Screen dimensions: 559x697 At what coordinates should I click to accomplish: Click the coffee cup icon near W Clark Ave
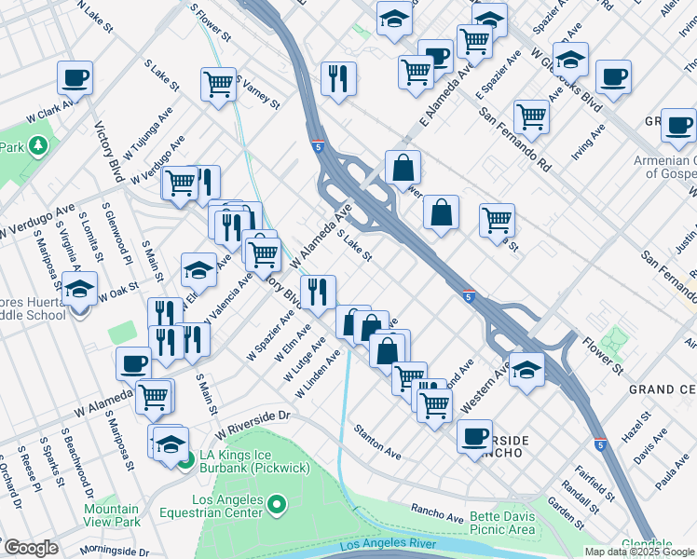tap(75, 77)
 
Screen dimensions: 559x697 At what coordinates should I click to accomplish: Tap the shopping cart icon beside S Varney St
tap(218, 85)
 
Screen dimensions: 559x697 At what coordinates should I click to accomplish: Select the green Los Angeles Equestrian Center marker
tap(276, 507)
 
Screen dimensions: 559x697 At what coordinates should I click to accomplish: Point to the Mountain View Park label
tap(112, 516)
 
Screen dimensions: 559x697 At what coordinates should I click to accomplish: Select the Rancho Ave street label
tap(437, 512)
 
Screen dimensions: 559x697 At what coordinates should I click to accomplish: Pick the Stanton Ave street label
tap(376, 442)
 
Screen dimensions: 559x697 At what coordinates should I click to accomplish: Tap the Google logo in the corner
tap(30, 548)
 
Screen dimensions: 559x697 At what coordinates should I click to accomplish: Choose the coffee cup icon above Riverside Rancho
tap(475, 436)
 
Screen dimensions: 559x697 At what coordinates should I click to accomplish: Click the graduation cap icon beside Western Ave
tap(527, 369)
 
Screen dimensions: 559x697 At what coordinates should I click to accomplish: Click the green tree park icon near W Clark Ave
tap(37, 146)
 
